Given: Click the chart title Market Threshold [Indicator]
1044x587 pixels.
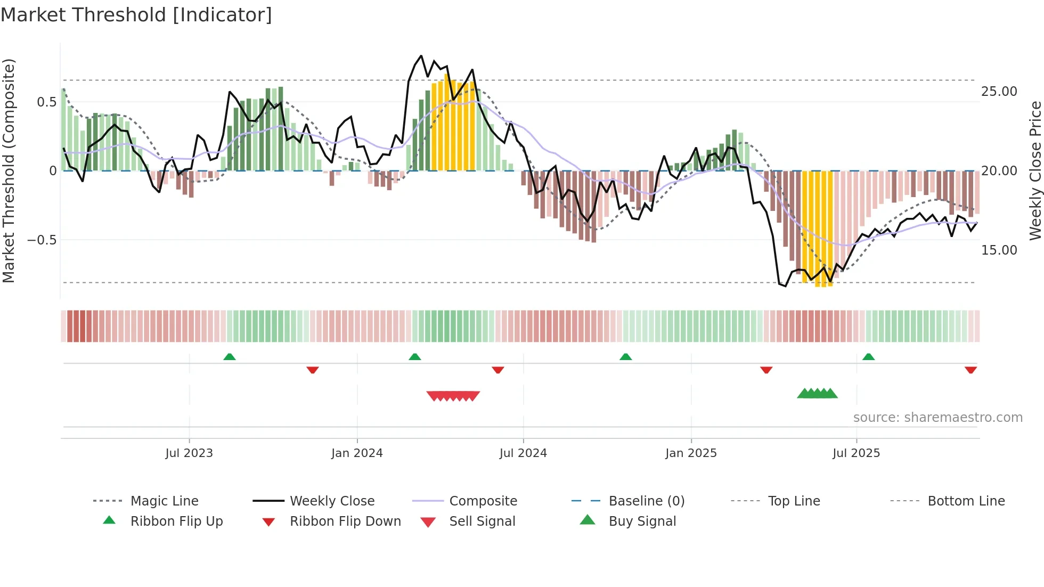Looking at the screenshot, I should click(136, 15).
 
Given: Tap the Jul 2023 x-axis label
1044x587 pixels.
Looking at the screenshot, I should click(189, 453).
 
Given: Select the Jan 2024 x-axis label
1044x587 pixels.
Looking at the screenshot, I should click(357, 453).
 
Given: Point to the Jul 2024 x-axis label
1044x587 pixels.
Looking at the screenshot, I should click(523, 453).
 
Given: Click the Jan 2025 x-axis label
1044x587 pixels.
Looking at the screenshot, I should click(691, 453).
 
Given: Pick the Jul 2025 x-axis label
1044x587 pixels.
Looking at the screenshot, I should click(857, 453).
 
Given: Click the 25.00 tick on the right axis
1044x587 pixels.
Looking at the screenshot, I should click(999, 92).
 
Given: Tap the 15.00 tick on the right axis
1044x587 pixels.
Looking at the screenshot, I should click(999, 250).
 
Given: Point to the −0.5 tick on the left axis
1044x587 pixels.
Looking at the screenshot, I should click(42, 240).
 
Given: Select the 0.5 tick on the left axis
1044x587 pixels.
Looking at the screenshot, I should click(47, 102).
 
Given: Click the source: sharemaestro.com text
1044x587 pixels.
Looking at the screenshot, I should click(938, 418).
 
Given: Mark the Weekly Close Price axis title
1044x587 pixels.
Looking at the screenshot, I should click(1035, 170).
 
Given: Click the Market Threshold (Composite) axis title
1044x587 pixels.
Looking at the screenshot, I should click(9, 170).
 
